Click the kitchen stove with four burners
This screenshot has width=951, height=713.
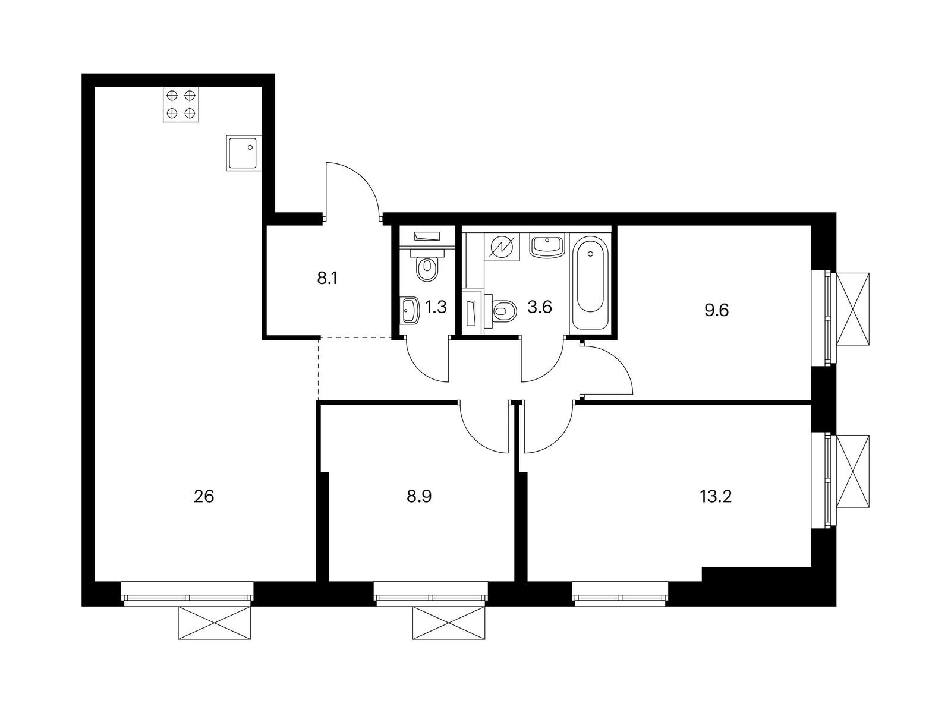(x=181, y=105)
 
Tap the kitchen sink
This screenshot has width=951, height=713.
(x=244, y=153)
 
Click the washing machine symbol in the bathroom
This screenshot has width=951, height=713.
(x=502, y=247)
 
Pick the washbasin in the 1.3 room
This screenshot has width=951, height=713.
(x=409, y=310)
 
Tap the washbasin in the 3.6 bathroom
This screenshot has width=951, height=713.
(x=547, y=245)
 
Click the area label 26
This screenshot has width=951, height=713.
(x=204, y=496)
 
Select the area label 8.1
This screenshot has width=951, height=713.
(x=327, y=278)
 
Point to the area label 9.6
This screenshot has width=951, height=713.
(x=717, y=310)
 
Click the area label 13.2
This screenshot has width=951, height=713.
(x=715, y=496)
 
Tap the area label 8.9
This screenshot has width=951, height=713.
(x=419, y=496)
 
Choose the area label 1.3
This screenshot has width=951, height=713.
(x=436, y=307)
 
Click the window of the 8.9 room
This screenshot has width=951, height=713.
(x=431, y=592)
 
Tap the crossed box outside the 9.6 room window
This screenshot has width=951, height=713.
(x=853, y=308)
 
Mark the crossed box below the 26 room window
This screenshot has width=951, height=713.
(x=215, y=623)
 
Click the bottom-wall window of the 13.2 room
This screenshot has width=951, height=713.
(x=620, y=592)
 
